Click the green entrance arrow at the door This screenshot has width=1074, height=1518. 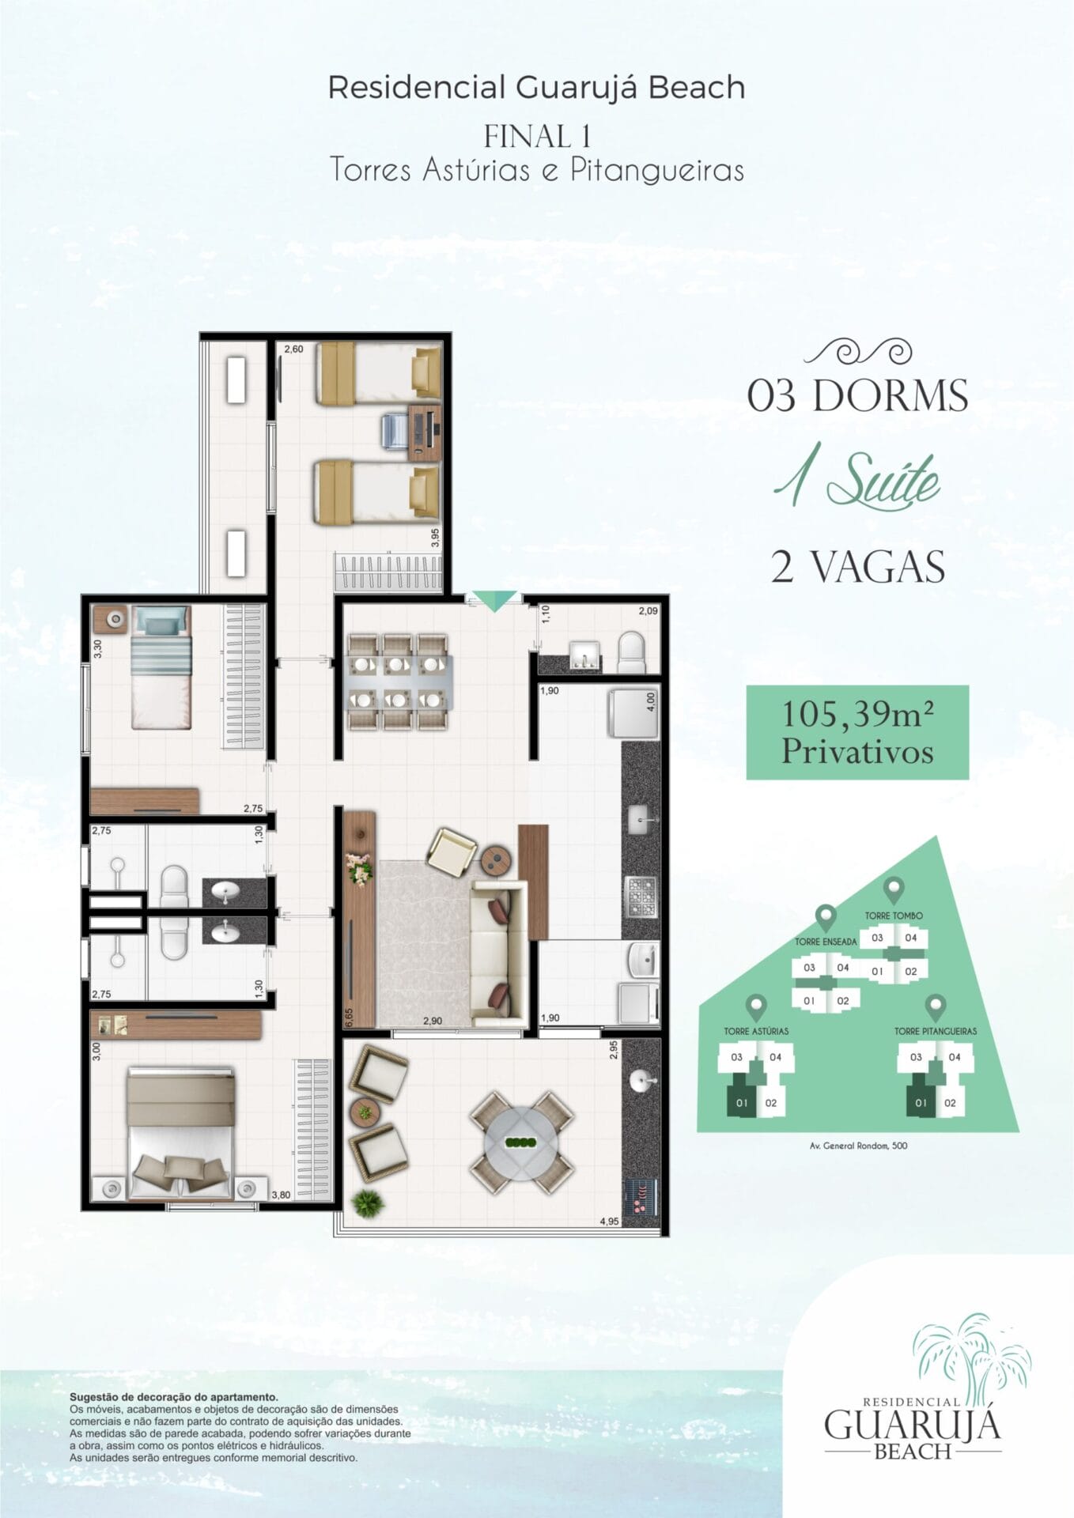pos(494,602)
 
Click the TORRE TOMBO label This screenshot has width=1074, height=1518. pos(894,916)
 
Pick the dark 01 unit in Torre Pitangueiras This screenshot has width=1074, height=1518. pos(921,1102)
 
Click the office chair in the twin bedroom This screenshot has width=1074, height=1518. pos(394,431)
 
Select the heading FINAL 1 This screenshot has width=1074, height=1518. pos(538,136)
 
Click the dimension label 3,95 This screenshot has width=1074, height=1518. pos(435,538)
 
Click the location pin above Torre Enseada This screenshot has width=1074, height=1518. pos(826,919)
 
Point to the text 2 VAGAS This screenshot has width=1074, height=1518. pos(858,567)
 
